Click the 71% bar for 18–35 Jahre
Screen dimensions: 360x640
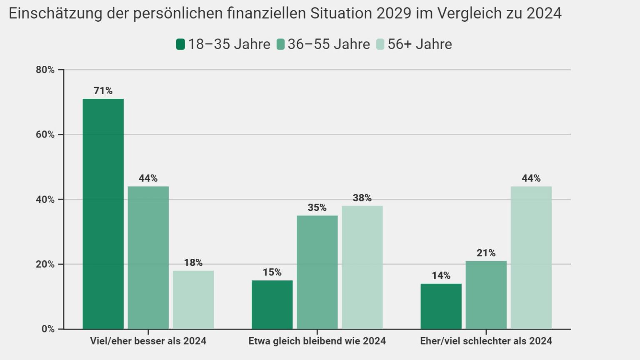coord(103,214)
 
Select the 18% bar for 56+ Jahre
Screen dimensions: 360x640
coord(193,300)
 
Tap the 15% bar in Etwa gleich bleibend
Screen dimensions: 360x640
coord(272,305)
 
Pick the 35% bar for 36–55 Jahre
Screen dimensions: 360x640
coord(317,272)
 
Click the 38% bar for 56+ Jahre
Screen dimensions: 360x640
coord(362,267)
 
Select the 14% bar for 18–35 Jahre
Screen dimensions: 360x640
coord(441,306)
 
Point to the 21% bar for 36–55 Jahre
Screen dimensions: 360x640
coord(486,295)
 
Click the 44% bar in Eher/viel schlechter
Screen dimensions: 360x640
coord(531,257)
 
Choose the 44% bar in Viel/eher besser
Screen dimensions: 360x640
coord(148,257)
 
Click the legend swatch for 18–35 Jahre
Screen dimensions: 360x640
coord(180,44)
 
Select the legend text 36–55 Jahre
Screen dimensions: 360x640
coord(328,44)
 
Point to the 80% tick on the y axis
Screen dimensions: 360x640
coord(45,70)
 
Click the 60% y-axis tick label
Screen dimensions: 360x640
coord(45,135)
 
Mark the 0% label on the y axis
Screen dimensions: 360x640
coord(48,329)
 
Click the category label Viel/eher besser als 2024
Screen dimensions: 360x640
coord(148,341)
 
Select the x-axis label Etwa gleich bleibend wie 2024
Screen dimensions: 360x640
coord(317,341)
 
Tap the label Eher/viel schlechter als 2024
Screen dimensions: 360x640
coord(486,341)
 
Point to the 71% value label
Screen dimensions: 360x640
coord(103,91)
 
